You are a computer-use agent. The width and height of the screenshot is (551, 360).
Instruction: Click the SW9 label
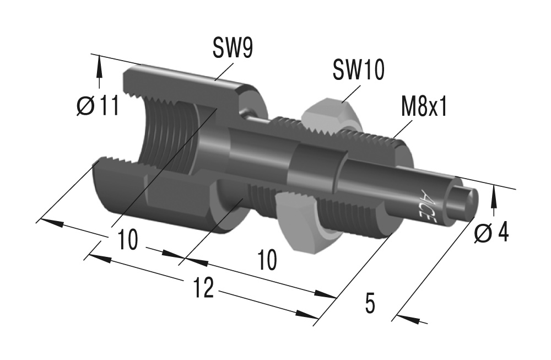pyautogui.click(x=233, y=49)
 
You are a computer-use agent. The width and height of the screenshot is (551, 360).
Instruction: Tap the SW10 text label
pyautogui.click(x=359, y=71)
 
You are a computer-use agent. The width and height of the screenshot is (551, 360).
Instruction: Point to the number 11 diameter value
pyautogui.click(x=108, y=106)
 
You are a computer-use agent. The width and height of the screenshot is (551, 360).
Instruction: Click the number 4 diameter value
pyautogui.click(x=502, y=233)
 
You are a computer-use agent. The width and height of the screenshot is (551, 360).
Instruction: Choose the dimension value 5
pyautogui.click(x=370, y=303)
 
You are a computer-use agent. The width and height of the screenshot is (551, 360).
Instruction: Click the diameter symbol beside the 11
pyautogui.click(x=87, y=106)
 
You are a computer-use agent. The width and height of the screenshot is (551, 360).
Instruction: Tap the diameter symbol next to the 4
pyautogui.click(x=483, y=234)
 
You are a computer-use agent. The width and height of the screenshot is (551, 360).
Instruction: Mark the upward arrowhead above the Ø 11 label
pyautogui.click(x=100, y=68)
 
